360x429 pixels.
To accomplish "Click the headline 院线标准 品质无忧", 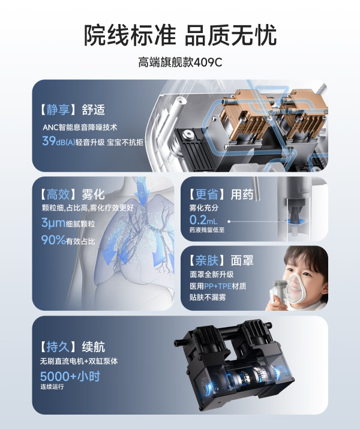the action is click(180, 35).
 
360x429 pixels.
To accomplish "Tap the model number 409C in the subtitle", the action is click(208, 62).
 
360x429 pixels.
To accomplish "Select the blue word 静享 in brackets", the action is click(58, 110).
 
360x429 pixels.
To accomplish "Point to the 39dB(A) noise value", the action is click(59, 141).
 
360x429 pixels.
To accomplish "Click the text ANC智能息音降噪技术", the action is click(80, 127).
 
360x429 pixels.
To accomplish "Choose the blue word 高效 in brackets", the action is click(58, 194).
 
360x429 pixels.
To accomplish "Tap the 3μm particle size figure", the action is click(53, 223).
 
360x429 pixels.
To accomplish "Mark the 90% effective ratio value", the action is click(53, 240).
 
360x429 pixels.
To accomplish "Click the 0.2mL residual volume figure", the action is click(203, 220).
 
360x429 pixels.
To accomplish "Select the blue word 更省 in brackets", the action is click(207, 194).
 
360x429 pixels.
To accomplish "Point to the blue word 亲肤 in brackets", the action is click(207, 260).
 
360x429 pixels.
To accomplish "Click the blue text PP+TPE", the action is click(218, 286).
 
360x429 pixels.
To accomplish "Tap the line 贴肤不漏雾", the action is click(208, 298).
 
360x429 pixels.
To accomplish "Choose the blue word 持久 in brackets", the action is click(58, 347).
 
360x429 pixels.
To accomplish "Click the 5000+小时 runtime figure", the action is click(70, 376).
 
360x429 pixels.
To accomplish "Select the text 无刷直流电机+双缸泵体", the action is click(79, 361).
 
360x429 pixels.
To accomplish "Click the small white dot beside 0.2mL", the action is click(229, 221).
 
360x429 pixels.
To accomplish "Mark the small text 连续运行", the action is click(52, 386).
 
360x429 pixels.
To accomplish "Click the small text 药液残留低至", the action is click(207, 230).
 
